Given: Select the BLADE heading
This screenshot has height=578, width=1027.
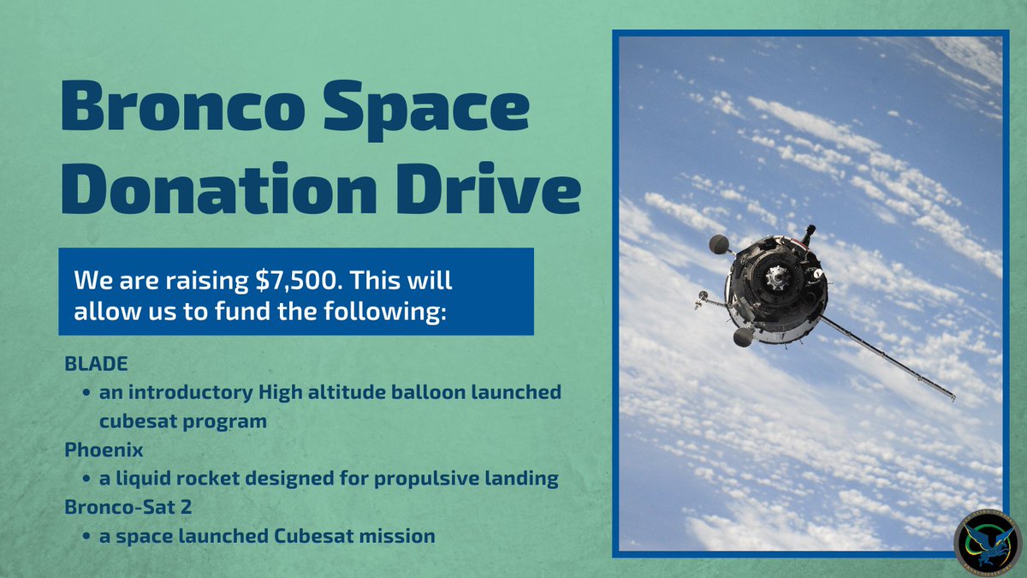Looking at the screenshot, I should (x=96, y=364).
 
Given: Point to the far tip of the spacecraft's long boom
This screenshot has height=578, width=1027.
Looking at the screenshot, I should (x=953, y=397).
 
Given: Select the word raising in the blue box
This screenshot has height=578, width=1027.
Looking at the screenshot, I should (x=180, y=281).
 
